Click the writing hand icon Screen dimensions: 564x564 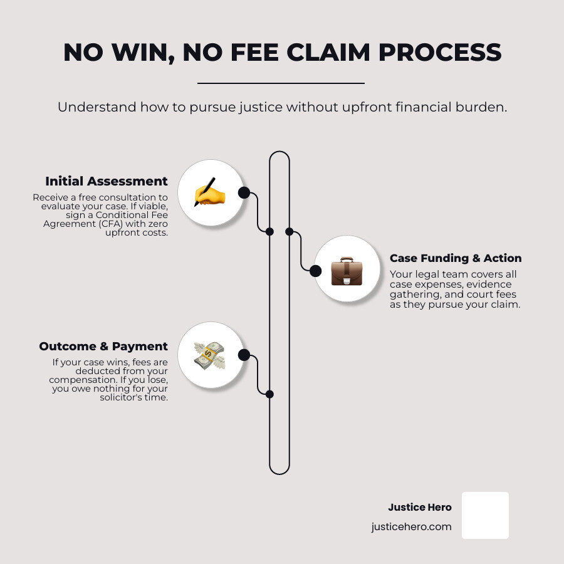point(209,193)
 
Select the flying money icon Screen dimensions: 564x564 point(209,355)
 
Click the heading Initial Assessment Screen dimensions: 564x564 point(107,181)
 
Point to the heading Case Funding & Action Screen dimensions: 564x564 point(456,258)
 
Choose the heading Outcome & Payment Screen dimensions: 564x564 point(103,347)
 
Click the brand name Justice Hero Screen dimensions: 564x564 point(420,508)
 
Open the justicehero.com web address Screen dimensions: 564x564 point(411,526)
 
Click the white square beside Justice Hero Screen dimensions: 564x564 point(485,515)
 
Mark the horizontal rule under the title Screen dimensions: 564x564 point(281,83)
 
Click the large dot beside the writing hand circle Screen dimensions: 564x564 point(244,192)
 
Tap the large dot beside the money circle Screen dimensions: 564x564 point(244,355)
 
